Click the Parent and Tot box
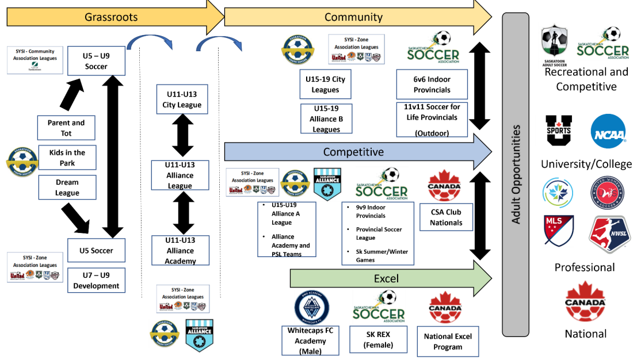click(66, 128)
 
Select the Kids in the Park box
click(66, 158)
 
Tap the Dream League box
click(66, 187)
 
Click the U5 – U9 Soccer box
click(96, 61)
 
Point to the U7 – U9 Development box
click(96, 280)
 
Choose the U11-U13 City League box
click(181, 99)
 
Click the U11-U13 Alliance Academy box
click(180, 250)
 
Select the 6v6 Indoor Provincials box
click(432, 84)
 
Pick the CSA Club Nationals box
click(446, 217)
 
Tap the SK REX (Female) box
click(379, 339)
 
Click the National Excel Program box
click(447, 341)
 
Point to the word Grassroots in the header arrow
click(111, 17)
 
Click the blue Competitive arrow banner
click(354, 152)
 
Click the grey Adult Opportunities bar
click(516, 173)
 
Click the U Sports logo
click(559, 131)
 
